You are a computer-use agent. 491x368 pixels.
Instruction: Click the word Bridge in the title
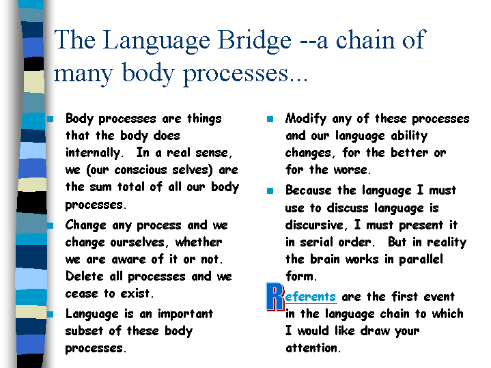254,41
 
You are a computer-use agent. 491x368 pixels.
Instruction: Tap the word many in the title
83,74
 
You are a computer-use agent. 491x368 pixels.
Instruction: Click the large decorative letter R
275,296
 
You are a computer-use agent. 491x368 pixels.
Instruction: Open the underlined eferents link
310,296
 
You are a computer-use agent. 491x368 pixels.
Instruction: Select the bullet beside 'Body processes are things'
51,119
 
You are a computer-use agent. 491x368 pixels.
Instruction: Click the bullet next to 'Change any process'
51,225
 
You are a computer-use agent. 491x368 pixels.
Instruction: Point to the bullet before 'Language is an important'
51,314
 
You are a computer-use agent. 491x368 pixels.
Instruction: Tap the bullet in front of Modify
270,119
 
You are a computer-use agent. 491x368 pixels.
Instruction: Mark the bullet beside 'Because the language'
270,190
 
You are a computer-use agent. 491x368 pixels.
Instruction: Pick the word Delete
84,277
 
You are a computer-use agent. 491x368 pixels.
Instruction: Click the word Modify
306,119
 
